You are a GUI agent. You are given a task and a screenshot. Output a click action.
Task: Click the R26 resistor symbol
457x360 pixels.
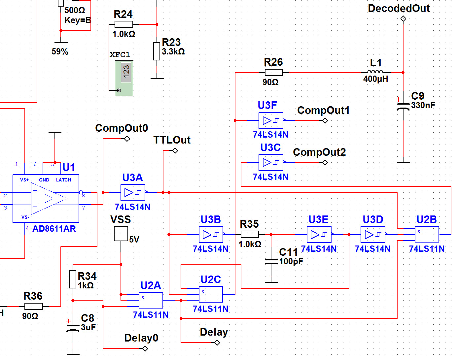(x=273, y=73)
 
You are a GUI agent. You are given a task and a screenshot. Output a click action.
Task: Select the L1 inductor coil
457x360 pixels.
(x=375, y=72)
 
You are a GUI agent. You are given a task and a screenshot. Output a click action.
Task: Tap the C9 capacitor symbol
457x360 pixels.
(x=403, y=107)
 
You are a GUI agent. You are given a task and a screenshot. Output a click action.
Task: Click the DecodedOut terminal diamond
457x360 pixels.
(x=403, y=19)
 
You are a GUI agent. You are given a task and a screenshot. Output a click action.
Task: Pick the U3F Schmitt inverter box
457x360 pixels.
(x=271, y=120)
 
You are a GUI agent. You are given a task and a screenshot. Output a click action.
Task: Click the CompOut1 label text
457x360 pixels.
(x=323, y=111)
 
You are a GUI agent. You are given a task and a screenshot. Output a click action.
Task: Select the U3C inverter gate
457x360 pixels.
(x=271, y=162)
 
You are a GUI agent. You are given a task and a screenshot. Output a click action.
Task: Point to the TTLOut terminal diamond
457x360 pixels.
(x=175, y=151)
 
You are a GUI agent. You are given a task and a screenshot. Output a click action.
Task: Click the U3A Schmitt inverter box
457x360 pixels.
(x=133, y=192)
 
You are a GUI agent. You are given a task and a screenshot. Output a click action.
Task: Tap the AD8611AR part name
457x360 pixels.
(x=54, y=229)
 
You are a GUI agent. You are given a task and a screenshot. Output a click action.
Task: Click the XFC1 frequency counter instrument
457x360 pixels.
(x=124, y=78)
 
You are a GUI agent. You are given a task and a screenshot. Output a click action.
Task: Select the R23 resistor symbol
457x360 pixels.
(x=157, y=51)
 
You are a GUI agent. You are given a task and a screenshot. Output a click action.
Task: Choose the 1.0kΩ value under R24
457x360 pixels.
(x=124, y=34)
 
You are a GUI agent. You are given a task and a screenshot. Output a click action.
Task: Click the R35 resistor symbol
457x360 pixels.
(x=250, y=235)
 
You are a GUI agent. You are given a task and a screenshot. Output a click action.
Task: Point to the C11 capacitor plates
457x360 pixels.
(x=271, y=262)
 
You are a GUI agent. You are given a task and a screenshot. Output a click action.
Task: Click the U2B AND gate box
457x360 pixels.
(x=427, y=235)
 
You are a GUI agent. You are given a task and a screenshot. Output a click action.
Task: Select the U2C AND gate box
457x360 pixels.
(x=211, y=294)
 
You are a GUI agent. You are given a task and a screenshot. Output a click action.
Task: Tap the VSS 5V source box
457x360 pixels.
(x=121, y=234)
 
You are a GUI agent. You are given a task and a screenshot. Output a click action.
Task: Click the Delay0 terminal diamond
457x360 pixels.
(x=145, y=348)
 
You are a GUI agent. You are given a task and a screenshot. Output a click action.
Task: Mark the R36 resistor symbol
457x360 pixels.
(x=33, y=306)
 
